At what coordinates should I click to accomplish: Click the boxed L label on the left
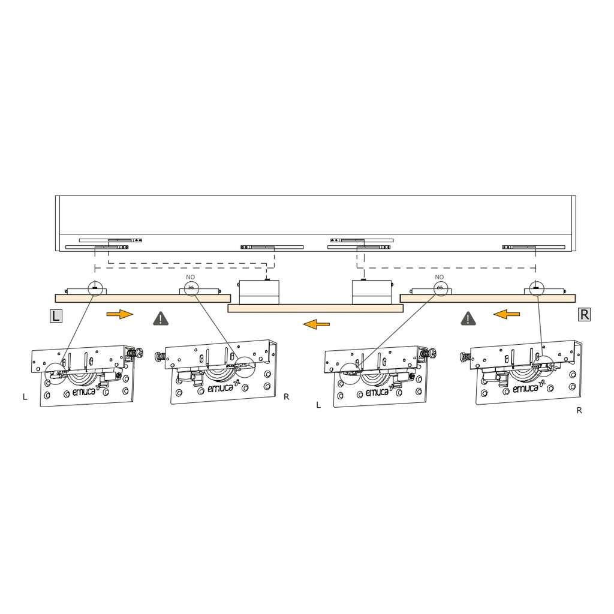tap(56, 315)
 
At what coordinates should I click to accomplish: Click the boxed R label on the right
tap(584, 314)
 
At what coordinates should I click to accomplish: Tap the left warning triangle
tap(161, 319)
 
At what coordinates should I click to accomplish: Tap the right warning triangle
tap(468, 319)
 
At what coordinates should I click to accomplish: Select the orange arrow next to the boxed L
tap(120, 314)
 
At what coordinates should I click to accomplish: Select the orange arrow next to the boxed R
tap(506, 314)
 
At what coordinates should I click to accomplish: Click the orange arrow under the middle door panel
tap(317, 324)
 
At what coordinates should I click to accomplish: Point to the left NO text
tap(190, 277)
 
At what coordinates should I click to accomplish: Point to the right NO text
tap(440, 277)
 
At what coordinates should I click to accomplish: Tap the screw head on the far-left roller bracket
tap(139, 352)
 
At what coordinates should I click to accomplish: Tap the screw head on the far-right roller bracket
tap(465, 357)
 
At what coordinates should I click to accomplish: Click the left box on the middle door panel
tap(259, 292)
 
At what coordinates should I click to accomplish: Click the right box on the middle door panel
tap(372, 292)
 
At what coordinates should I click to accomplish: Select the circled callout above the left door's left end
tap(95, 288)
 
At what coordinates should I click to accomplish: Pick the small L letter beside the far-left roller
tap(25, 397)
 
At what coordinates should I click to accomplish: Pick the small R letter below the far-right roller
tap(580, 410)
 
